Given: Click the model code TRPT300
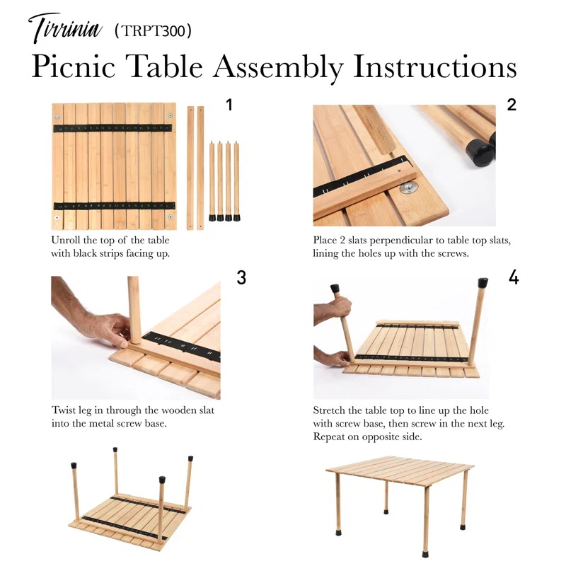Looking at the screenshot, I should (153, 31).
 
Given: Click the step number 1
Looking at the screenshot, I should (229, 105).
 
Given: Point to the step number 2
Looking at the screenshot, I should (512, 105).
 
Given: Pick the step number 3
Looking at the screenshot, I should (241, 278).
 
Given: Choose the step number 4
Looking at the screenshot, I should (514, 278).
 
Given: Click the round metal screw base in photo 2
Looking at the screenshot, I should (408, 187).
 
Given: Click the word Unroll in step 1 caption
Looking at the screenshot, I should (66, 241).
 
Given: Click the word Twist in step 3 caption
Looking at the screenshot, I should (64, 410).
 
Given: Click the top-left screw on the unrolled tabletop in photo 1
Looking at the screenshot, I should (59, 115).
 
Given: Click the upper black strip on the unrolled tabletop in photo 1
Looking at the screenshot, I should (113, 128).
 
